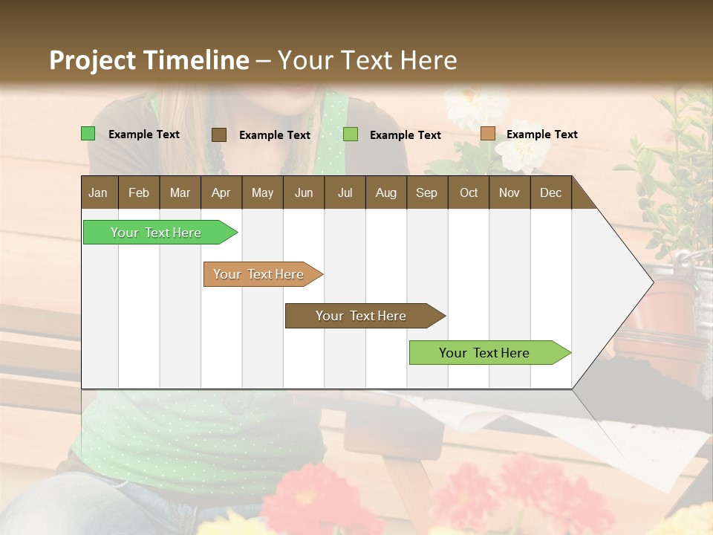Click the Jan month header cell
point(98,192)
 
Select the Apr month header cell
point(221,192)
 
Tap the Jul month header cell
point(345,192)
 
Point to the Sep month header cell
point(426,192)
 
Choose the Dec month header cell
point(550,192)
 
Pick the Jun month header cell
point(304,192)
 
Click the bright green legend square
point(88,134)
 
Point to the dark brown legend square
point(219,134)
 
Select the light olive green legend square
point(351,134)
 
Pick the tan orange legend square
point(487,134)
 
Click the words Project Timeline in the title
point(149,60)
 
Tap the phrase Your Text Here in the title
point(368,60)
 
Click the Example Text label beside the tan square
point(541,134)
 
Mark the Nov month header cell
point(509,192)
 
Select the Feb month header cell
point(139,192)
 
